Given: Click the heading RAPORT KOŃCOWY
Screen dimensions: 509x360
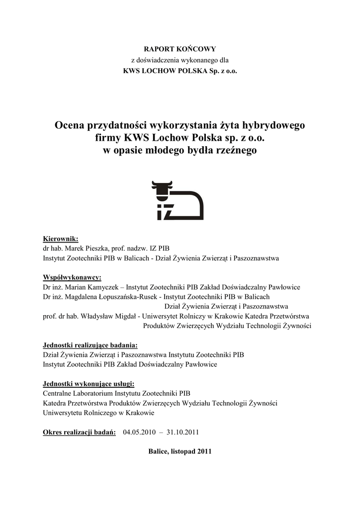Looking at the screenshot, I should click(x=180, y=49).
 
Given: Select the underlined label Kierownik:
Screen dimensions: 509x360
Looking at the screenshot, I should click(x=61, y=239).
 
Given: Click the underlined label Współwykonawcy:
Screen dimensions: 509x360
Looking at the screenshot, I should click(x=72, y=277).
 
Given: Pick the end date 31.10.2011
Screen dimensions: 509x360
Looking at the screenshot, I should click(x=183, y=432).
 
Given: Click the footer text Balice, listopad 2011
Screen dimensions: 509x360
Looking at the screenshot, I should click(x=180, y=451).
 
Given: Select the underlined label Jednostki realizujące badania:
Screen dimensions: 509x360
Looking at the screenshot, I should click(x=90, y=345).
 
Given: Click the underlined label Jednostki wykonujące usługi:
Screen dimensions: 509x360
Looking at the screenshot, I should click(x=89, y=383).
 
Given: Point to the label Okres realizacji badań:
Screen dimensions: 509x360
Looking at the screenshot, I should click(x=80, y=432).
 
